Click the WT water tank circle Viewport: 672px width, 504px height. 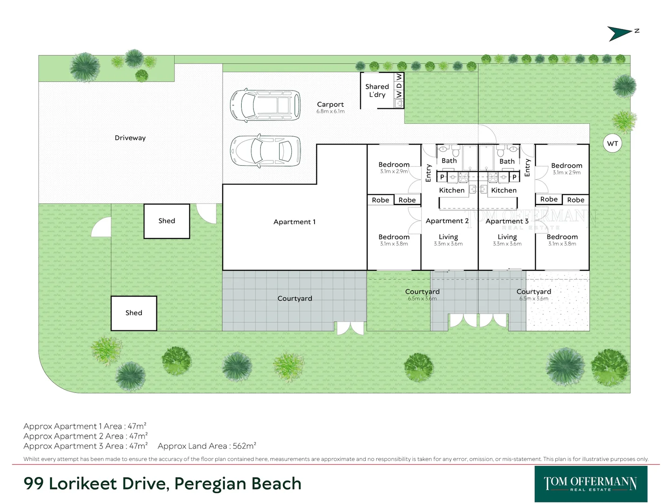point(612,143)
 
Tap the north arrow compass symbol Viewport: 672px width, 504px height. point(621,33)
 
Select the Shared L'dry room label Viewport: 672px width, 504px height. point(377,91)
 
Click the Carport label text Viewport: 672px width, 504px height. point(330,105)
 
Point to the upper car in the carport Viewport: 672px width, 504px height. point(265,106)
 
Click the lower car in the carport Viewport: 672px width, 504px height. point(265,151)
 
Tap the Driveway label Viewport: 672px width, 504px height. point(130,138)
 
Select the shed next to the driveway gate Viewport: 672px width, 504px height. point(167,221)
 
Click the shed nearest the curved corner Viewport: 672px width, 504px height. point(133,313)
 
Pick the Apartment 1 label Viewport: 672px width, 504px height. point(294,222)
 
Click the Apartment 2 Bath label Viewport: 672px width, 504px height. point(449,161)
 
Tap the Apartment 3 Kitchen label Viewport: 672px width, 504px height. point(504,190)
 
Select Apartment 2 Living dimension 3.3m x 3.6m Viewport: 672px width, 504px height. point(448,244)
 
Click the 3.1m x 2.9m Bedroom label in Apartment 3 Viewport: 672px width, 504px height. point(567,172)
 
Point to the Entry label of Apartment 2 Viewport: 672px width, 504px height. point(428,173)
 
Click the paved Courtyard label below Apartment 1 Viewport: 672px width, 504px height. point(294,299)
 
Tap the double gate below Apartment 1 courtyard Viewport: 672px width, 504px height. point(350,328)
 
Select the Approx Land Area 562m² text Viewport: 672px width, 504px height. point(207,446)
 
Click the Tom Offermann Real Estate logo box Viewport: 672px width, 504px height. point(590,484)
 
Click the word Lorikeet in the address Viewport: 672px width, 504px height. point(83,484)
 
